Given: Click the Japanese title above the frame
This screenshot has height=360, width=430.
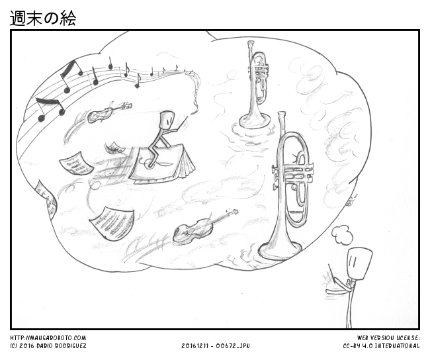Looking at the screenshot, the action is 43,18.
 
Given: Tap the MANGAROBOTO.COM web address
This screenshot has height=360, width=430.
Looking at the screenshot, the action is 48,338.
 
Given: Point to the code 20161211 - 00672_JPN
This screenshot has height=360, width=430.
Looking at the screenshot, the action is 216,346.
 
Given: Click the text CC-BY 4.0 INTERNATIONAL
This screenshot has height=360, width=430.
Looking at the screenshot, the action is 382,346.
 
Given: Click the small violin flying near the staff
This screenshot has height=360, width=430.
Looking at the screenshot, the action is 109,112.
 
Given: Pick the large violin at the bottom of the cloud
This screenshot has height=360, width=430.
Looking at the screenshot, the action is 205,226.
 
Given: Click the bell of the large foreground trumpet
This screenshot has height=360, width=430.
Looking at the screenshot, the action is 280,249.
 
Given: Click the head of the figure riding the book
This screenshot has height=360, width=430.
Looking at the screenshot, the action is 167,120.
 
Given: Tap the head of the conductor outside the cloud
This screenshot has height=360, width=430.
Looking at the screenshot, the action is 359,265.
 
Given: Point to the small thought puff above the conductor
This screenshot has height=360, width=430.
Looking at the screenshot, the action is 342,235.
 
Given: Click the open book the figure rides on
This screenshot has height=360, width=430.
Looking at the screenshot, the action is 162,165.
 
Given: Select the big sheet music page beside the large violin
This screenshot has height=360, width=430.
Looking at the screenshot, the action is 112,224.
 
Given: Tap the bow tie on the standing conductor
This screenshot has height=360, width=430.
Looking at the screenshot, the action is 349,283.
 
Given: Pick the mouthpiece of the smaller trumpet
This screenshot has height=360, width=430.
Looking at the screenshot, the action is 251,44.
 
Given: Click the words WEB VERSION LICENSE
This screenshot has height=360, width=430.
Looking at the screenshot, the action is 388,338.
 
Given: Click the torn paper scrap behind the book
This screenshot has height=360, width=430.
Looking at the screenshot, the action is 114,148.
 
